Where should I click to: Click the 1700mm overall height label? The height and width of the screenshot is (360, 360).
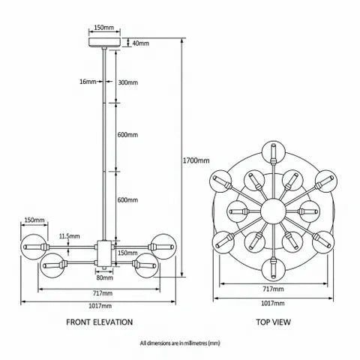(x=196, y=160)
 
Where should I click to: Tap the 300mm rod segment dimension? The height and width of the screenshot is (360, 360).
(x=127, y=82)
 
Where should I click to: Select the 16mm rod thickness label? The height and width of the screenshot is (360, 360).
(x=88, y=82)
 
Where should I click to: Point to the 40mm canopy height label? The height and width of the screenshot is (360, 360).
(x=140, y=43)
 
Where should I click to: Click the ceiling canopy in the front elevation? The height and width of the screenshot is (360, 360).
(x=105, y=43)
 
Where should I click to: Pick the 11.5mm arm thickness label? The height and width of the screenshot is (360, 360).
(x=70, y=236)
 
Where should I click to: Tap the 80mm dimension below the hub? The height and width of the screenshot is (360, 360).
(x=104, y=277)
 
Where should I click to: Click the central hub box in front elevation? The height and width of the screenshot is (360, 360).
(x=105, y=253)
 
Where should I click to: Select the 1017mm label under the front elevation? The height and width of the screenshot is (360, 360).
(x=100, y=306)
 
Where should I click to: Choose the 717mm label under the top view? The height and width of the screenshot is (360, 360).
(x=273, y=289)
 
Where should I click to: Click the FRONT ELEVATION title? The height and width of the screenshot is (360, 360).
(x=100, y=322)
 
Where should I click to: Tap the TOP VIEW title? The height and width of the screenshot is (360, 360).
(x=273, y=322)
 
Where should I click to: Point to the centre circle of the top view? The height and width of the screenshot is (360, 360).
(x=273, y=211)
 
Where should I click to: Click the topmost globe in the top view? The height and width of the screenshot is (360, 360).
(x=273, y=152)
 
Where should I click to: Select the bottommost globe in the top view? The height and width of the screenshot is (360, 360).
(x=273, y=270)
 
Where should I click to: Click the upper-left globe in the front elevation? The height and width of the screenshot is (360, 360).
(x=34, y=247)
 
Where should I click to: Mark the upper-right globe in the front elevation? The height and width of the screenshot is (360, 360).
(x=163, y=247)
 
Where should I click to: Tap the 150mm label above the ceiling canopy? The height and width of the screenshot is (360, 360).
(x=104, y=27)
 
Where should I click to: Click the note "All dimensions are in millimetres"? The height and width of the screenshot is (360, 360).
(x=180, y=343)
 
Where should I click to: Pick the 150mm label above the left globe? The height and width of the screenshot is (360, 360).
(x=34, y=220)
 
